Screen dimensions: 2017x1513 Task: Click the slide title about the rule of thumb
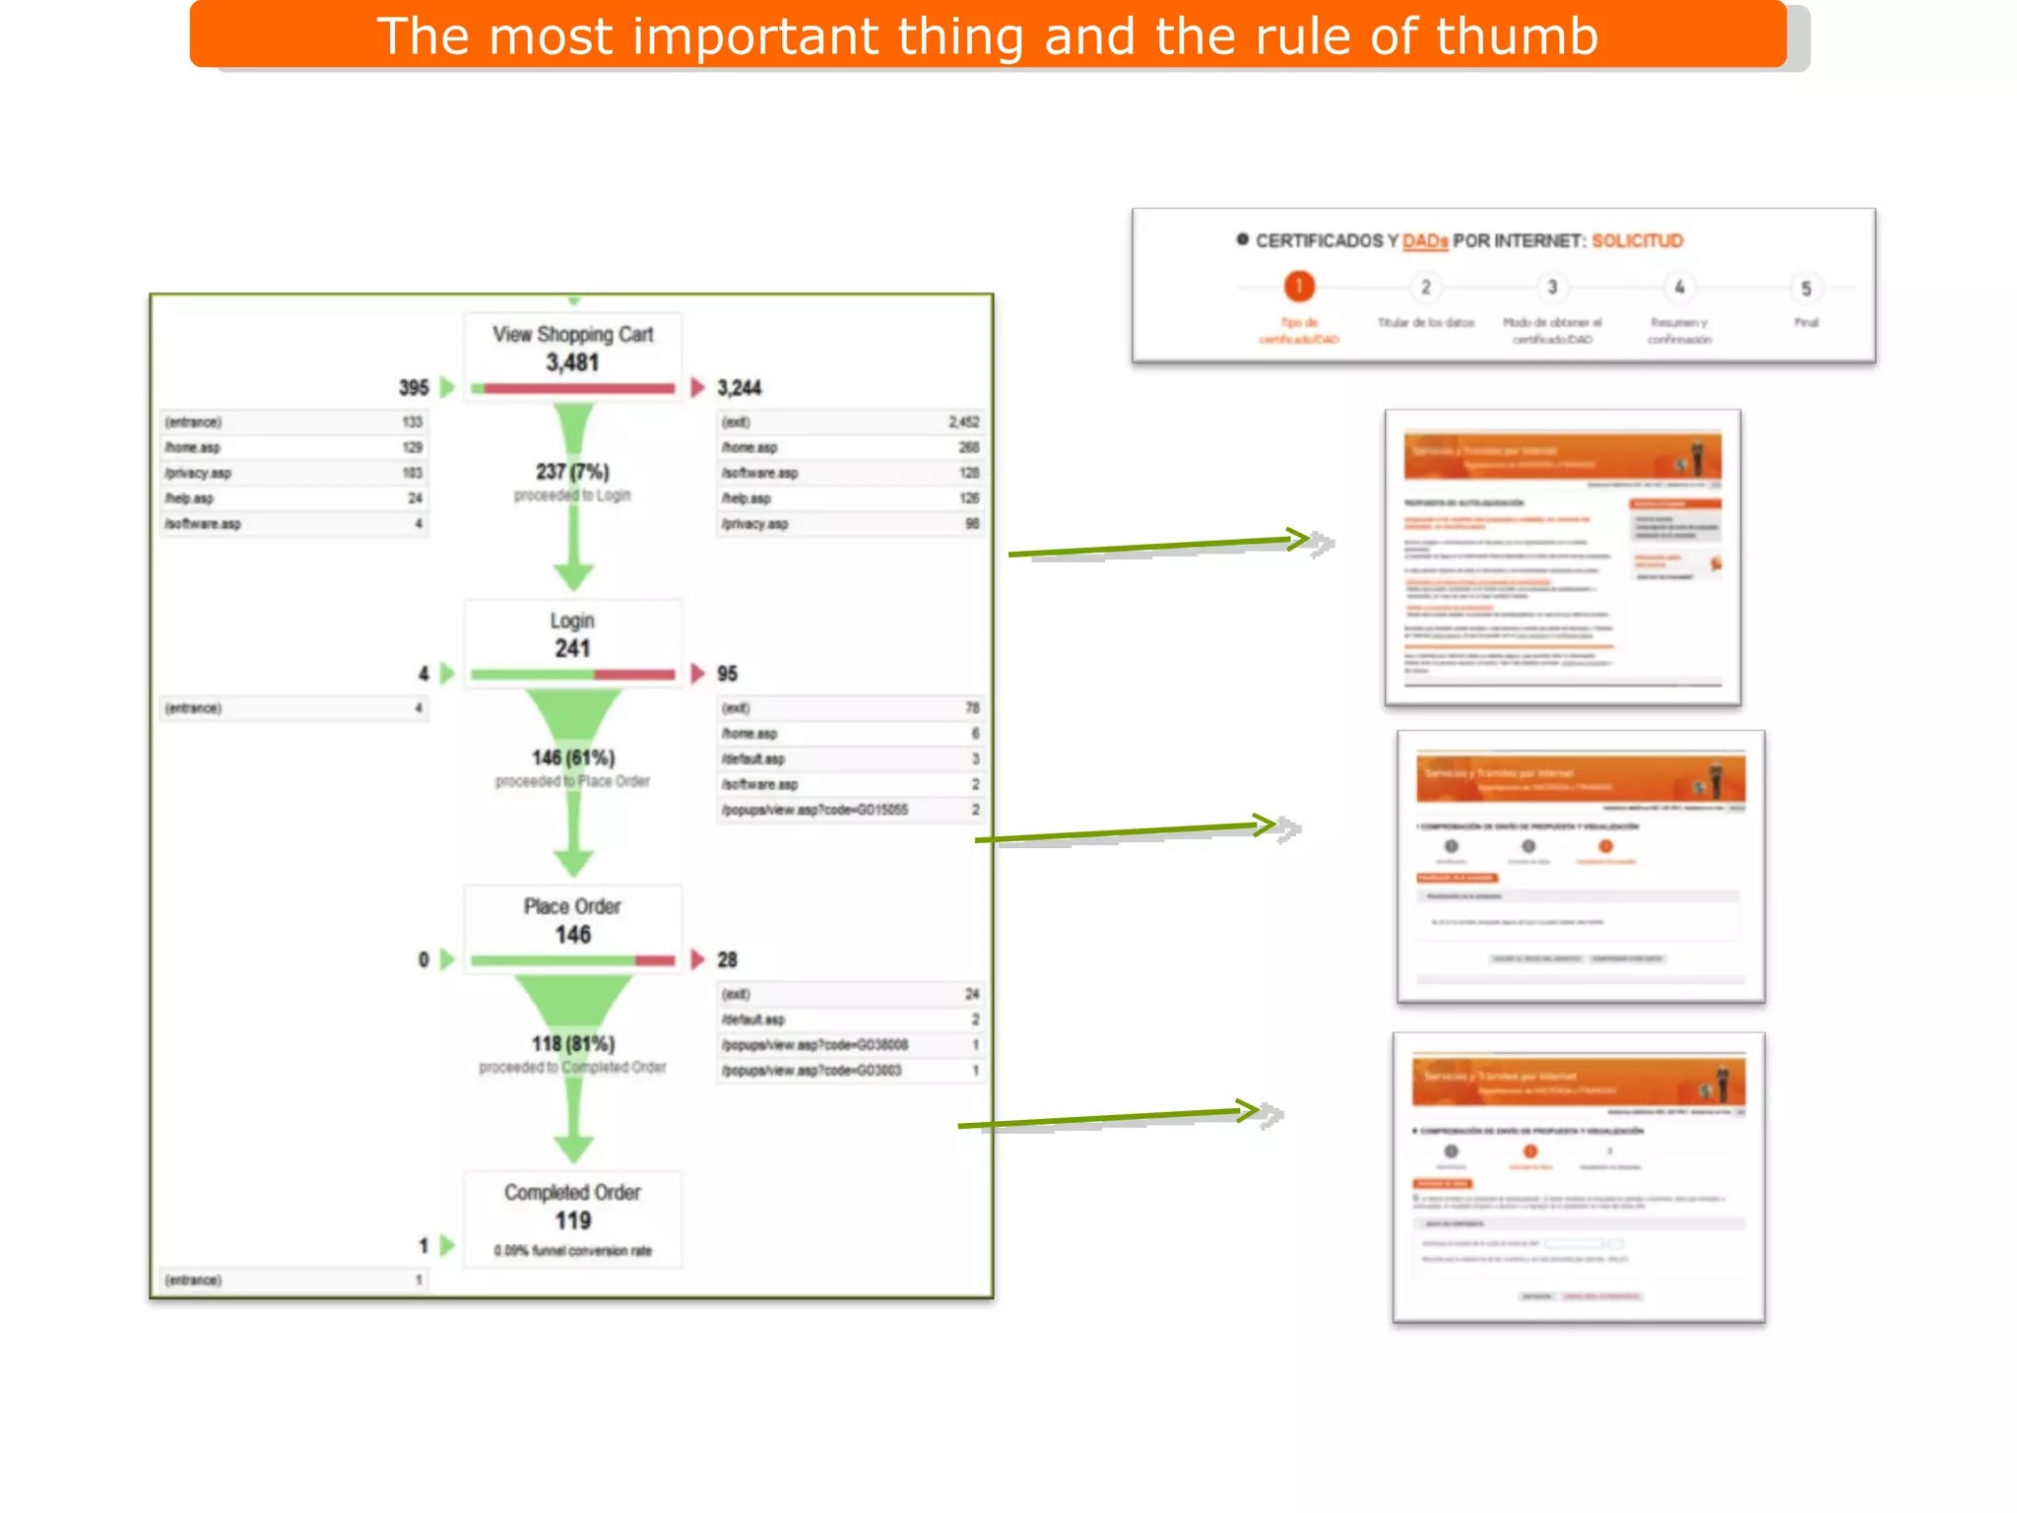pos(987,36)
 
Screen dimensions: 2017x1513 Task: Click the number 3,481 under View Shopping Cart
pos(572,362)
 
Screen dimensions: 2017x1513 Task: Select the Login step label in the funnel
pos(572,621)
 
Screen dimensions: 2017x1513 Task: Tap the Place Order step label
pos(572,906)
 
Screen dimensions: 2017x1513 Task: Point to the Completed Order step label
pos(572,1192)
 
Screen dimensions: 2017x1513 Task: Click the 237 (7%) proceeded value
pos(572,472)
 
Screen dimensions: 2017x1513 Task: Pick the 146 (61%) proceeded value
pos(573,757)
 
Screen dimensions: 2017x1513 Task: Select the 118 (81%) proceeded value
pos(573,1043)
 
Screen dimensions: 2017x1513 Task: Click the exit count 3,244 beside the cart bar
pos(740,388)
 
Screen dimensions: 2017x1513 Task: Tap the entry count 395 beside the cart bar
pos(414,388)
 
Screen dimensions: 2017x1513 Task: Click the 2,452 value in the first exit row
pos(963,422)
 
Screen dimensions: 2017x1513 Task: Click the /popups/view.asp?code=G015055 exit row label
pos(814,810)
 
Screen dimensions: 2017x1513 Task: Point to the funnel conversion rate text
pos(572,1251)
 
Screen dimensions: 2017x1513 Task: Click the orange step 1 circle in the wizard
pos(1299,287)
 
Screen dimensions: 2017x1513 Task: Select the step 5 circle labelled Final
pos(1805,289)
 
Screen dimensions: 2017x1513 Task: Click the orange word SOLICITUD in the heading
pos(1637,241)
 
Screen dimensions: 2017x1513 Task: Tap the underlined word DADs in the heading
pos(1424,241)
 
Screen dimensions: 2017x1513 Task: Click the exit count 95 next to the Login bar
pos(727,674)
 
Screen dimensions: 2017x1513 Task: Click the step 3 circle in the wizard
pos(1552,288)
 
